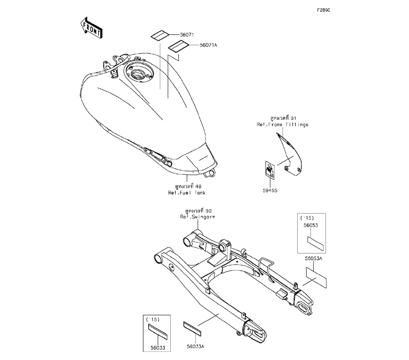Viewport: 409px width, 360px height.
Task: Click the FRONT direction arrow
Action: (91, 28)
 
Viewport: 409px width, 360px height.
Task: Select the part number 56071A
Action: (208, 45)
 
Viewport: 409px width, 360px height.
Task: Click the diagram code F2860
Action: (324, 10)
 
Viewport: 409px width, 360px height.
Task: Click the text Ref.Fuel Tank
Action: (187, 193)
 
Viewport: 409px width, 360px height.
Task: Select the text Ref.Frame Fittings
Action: (283, 124)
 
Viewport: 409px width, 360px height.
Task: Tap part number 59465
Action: (270, 191)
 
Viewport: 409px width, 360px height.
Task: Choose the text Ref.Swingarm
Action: (198, 217)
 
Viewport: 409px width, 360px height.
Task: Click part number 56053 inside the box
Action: (311, 225)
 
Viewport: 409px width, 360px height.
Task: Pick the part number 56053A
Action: (314, 259)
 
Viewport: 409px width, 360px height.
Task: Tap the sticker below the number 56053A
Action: (316, 277)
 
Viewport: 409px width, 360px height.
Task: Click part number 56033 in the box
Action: (158, 347)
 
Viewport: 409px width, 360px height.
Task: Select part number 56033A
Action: (196, 346)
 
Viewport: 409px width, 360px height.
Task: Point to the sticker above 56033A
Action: (193, 328)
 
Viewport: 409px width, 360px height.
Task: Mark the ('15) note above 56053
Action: (307, 218)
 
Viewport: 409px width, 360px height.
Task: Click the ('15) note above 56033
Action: (153, 319)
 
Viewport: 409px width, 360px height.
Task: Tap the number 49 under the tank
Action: (198, 186)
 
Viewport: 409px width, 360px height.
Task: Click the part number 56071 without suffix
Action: (187, 35)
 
